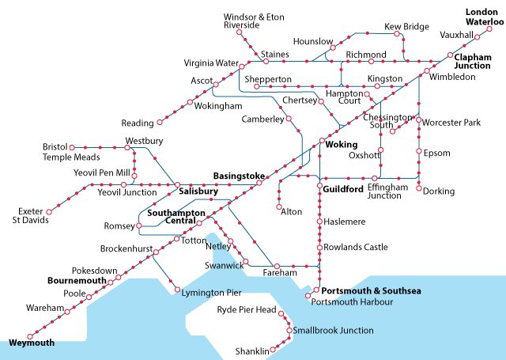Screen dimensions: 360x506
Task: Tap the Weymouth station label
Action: tap(32, 343)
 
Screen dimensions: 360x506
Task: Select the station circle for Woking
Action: tap(320, 142)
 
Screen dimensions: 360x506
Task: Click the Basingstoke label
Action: tap(239, 176)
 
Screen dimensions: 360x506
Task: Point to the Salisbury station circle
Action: tap(178, 184)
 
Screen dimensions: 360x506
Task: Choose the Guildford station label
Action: tap(343, 190)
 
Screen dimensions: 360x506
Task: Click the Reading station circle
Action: tap(160, 123)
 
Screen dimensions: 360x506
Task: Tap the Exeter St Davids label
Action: tap(32, 215)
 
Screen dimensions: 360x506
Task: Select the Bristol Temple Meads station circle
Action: tap(72, 147)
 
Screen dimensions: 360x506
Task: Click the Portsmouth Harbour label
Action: tap(353, 301)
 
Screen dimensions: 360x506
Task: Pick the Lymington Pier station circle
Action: tap(177, 290)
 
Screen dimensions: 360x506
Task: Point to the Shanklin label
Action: tap(252, 351)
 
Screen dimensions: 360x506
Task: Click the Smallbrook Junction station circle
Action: tap(289, 329)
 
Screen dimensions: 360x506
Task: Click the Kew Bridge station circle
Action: tap(397, 36)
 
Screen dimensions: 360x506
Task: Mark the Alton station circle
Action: tap(279, 202)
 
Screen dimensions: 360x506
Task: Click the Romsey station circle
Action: tap(139, 226)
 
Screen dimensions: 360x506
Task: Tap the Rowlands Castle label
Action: tap(356, 248)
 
